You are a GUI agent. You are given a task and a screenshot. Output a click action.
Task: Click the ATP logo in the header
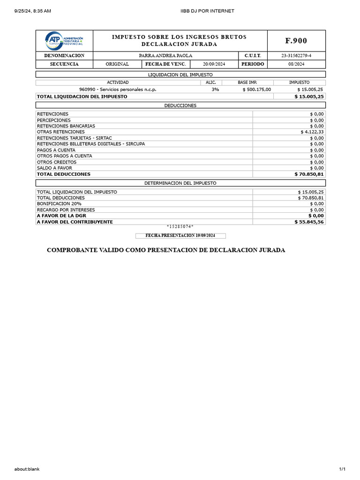tap(64, 41)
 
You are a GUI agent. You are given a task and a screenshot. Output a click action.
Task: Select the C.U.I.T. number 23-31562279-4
tap(296, 56)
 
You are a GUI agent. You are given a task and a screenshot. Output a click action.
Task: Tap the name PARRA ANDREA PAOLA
tap(166, 56)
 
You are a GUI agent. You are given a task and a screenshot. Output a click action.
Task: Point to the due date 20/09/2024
tap(214, 64)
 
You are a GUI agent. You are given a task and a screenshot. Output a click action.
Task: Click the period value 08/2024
tap(296, 64)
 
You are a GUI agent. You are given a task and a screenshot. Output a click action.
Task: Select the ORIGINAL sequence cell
tap(117, 64)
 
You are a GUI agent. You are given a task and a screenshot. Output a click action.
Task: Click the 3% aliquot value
tap(215, 90)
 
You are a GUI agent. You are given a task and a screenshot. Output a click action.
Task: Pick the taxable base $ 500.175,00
tap(256, 90)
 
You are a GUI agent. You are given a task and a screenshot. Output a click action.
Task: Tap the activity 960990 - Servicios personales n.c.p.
tap(118, 90)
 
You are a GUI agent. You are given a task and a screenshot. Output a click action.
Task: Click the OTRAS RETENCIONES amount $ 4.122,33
tap(312, 132)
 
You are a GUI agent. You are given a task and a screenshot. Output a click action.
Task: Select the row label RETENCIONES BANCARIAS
tap(66, 126)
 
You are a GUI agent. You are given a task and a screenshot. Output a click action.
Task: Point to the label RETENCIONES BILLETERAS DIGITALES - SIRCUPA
tap(91, 144)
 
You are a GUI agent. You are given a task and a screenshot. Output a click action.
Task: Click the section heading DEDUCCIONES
tap(180, 105)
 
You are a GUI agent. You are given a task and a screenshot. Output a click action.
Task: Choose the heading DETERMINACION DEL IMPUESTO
tap(180, 183)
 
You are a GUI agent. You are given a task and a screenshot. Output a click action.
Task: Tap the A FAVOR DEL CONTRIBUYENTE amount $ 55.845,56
tap(309, 222)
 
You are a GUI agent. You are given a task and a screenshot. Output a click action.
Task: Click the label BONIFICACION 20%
tap(59, 204)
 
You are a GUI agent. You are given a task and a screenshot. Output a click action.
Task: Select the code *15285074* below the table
tap(180, 227)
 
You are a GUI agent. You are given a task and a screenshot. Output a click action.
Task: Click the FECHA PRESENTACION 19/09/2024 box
tap(180, 236)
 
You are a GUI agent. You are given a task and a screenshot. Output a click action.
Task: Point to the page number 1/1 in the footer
tap(342, 469)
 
